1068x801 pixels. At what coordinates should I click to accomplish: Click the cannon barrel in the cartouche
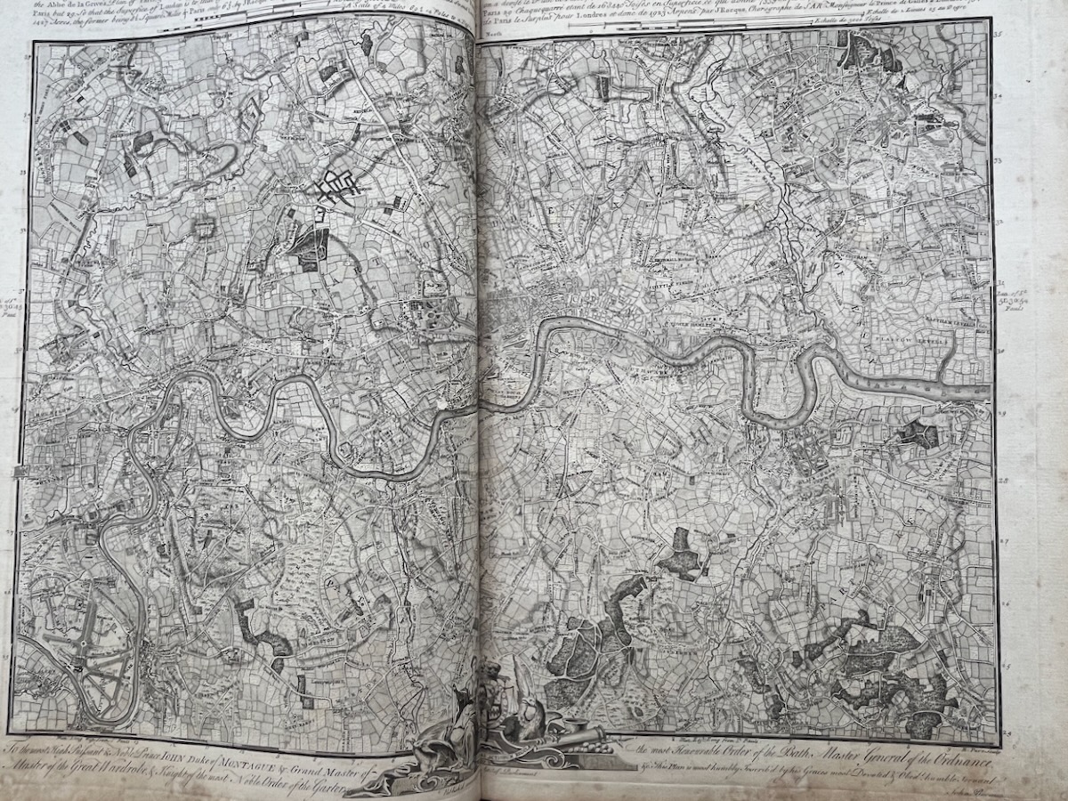[x=570, y=735]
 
